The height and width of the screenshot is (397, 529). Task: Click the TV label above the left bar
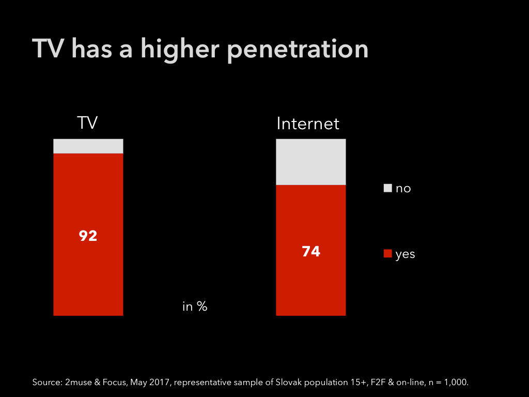[x=87, y=123]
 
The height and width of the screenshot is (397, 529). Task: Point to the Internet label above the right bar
[x=308, y=124]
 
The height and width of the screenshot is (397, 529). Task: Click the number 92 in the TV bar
[x=88, y=236]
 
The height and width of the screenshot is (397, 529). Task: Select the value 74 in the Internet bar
[x=310, y=252]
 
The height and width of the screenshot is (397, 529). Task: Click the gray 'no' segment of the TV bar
[x=88, y=146]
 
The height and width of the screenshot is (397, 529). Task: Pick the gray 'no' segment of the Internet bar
[x=310, y=162]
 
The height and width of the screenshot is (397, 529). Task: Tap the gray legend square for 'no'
[x=387, y=188]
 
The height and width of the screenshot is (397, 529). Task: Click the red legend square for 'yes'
[x=387, y=254]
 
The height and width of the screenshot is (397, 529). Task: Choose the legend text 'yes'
[x=405, y=254]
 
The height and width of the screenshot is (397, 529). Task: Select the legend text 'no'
[x=403, y=189]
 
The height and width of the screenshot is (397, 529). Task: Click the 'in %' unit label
[x=195, y=307]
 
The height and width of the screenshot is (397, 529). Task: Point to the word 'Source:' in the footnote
[x=46, y=383]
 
